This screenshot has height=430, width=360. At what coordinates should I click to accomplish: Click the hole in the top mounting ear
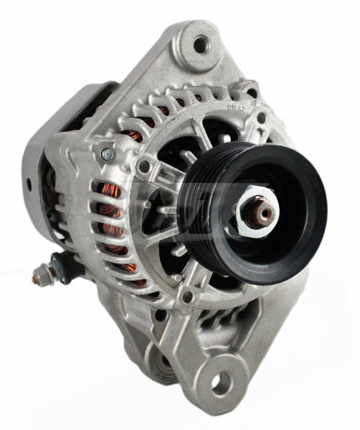199,45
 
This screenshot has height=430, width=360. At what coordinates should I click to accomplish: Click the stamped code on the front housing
237,108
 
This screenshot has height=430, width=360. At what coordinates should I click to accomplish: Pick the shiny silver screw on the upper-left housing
107,154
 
